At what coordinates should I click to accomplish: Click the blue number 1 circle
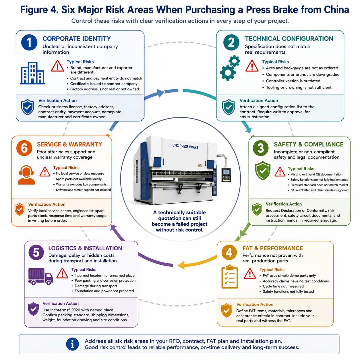[x=29, y=42]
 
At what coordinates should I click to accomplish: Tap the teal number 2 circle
[x=231, y=42]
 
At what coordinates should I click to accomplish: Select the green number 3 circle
[x=260, y=148]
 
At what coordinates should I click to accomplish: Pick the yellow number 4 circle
[x=229, y=252]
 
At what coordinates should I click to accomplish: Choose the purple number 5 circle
[x=36, y=252]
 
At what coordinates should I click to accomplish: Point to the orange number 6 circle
[x=24, y=148]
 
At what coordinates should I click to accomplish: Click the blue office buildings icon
[x=32, y=73]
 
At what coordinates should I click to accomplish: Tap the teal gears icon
[x=230, y=68]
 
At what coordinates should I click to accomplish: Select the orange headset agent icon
[x=26, y=175]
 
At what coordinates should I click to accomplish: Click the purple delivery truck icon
[x=40, y=276]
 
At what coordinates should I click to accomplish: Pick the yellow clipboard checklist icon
[x=230, y=277]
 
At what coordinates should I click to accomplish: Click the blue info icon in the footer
[x=72, y=344]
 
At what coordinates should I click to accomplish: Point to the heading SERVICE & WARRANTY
[x=69, y=144]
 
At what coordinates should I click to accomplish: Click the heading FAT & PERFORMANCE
[x=273, y=248]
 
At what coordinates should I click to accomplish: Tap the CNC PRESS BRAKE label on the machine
[x=185, y=146]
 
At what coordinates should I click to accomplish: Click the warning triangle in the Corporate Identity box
[x=57, y=66]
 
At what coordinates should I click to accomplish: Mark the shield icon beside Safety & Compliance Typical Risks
[x=263, y=171]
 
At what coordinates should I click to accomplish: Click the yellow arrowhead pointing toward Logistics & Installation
[x=181, y=265]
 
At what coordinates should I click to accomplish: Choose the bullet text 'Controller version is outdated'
[x=293, y=81]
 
